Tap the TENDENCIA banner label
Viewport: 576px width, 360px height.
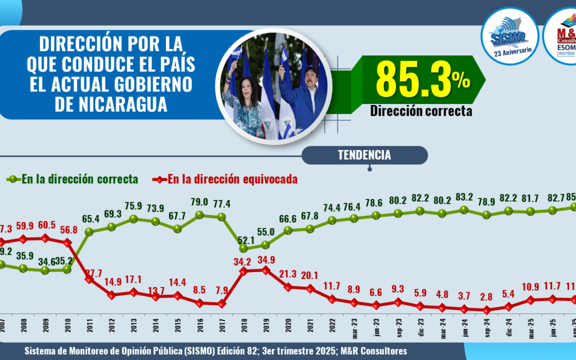click(x=364, y=155)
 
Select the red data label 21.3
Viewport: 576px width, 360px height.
click(x=287, y=274)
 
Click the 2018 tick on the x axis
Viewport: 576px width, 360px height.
click(x=244, y=327)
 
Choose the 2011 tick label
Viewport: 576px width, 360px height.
click(x=89, y=327)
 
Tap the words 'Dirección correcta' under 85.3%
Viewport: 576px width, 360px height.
click(x=421, y=111)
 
